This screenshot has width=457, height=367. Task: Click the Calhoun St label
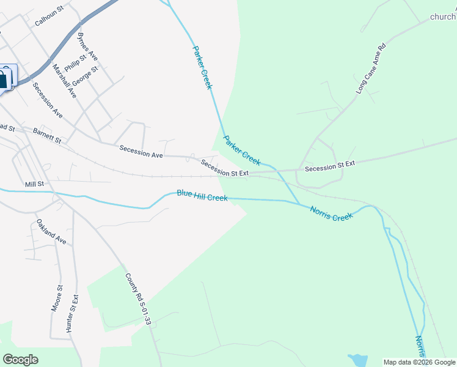[49, 17]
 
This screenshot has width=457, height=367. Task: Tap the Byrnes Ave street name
[88, 46]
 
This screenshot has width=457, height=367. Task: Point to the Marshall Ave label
[64, 81]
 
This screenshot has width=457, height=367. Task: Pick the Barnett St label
[48, 135]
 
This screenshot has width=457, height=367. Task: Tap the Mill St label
[34, 183]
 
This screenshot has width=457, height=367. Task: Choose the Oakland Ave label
[51, 232]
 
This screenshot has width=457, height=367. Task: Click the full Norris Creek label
[331, 213]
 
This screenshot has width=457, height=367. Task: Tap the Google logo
[20, 360]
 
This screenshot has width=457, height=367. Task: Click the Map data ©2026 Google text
[419, 362]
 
